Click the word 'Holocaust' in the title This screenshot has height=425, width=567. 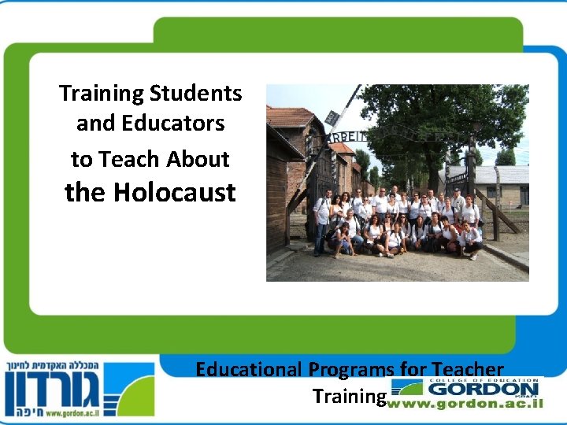coord(174,192)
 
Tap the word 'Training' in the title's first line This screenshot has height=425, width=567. coord(101,93)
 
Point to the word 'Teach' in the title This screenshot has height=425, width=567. coord(127,159)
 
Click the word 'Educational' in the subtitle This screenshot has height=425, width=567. coord(248,368)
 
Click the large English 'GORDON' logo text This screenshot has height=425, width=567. coord(483,389)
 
